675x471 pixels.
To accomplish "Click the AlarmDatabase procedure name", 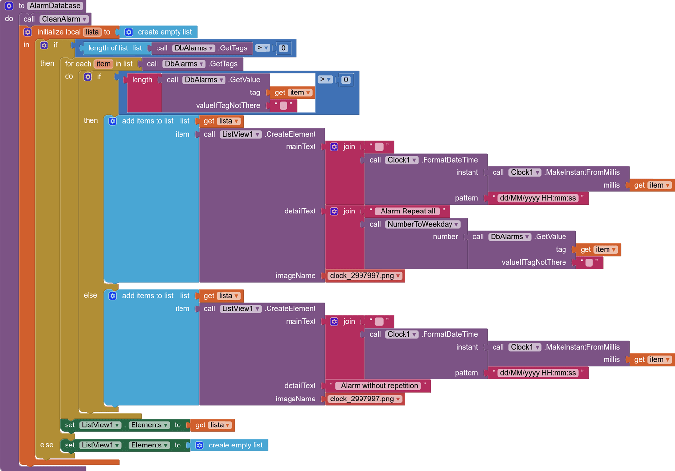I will (55, 6).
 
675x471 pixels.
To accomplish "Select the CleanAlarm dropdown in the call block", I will (64, 19).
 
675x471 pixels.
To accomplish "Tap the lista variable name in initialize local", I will (92, 32).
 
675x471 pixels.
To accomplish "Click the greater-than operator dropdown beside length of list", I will (263, 48).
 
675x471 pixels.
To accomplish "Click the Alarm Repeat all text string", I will (408, 211).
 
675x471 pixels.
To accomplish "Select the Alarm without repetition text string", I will (380, 386).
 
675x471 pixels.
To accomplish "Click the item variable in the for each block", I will (103, 64).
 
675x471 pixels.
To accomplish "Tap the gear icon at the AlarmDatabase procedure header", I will (9, 6).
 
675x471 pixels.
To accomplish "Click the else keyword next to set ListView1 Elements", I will (47, 445).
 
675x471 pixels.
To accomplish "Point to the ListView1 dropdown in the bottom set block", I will (100, 445).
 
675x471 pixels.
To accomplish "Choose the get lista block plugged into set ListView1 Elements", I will (212, 425).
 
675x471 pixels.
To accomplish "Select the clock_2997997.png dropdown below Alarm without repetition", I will (365, 399).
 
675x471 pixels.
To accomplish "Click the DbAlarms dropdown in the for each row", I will (184, 64).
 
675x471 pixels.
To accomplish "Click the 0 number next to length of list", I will (283, 48).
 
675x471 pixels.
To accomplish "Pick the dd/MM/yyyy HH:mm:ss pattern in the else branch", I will (538, 373).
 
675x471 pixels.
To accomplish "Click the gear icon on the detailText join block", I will (334, 211).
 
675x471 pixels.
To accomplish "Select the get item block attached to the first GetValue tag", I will (292, 93).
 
